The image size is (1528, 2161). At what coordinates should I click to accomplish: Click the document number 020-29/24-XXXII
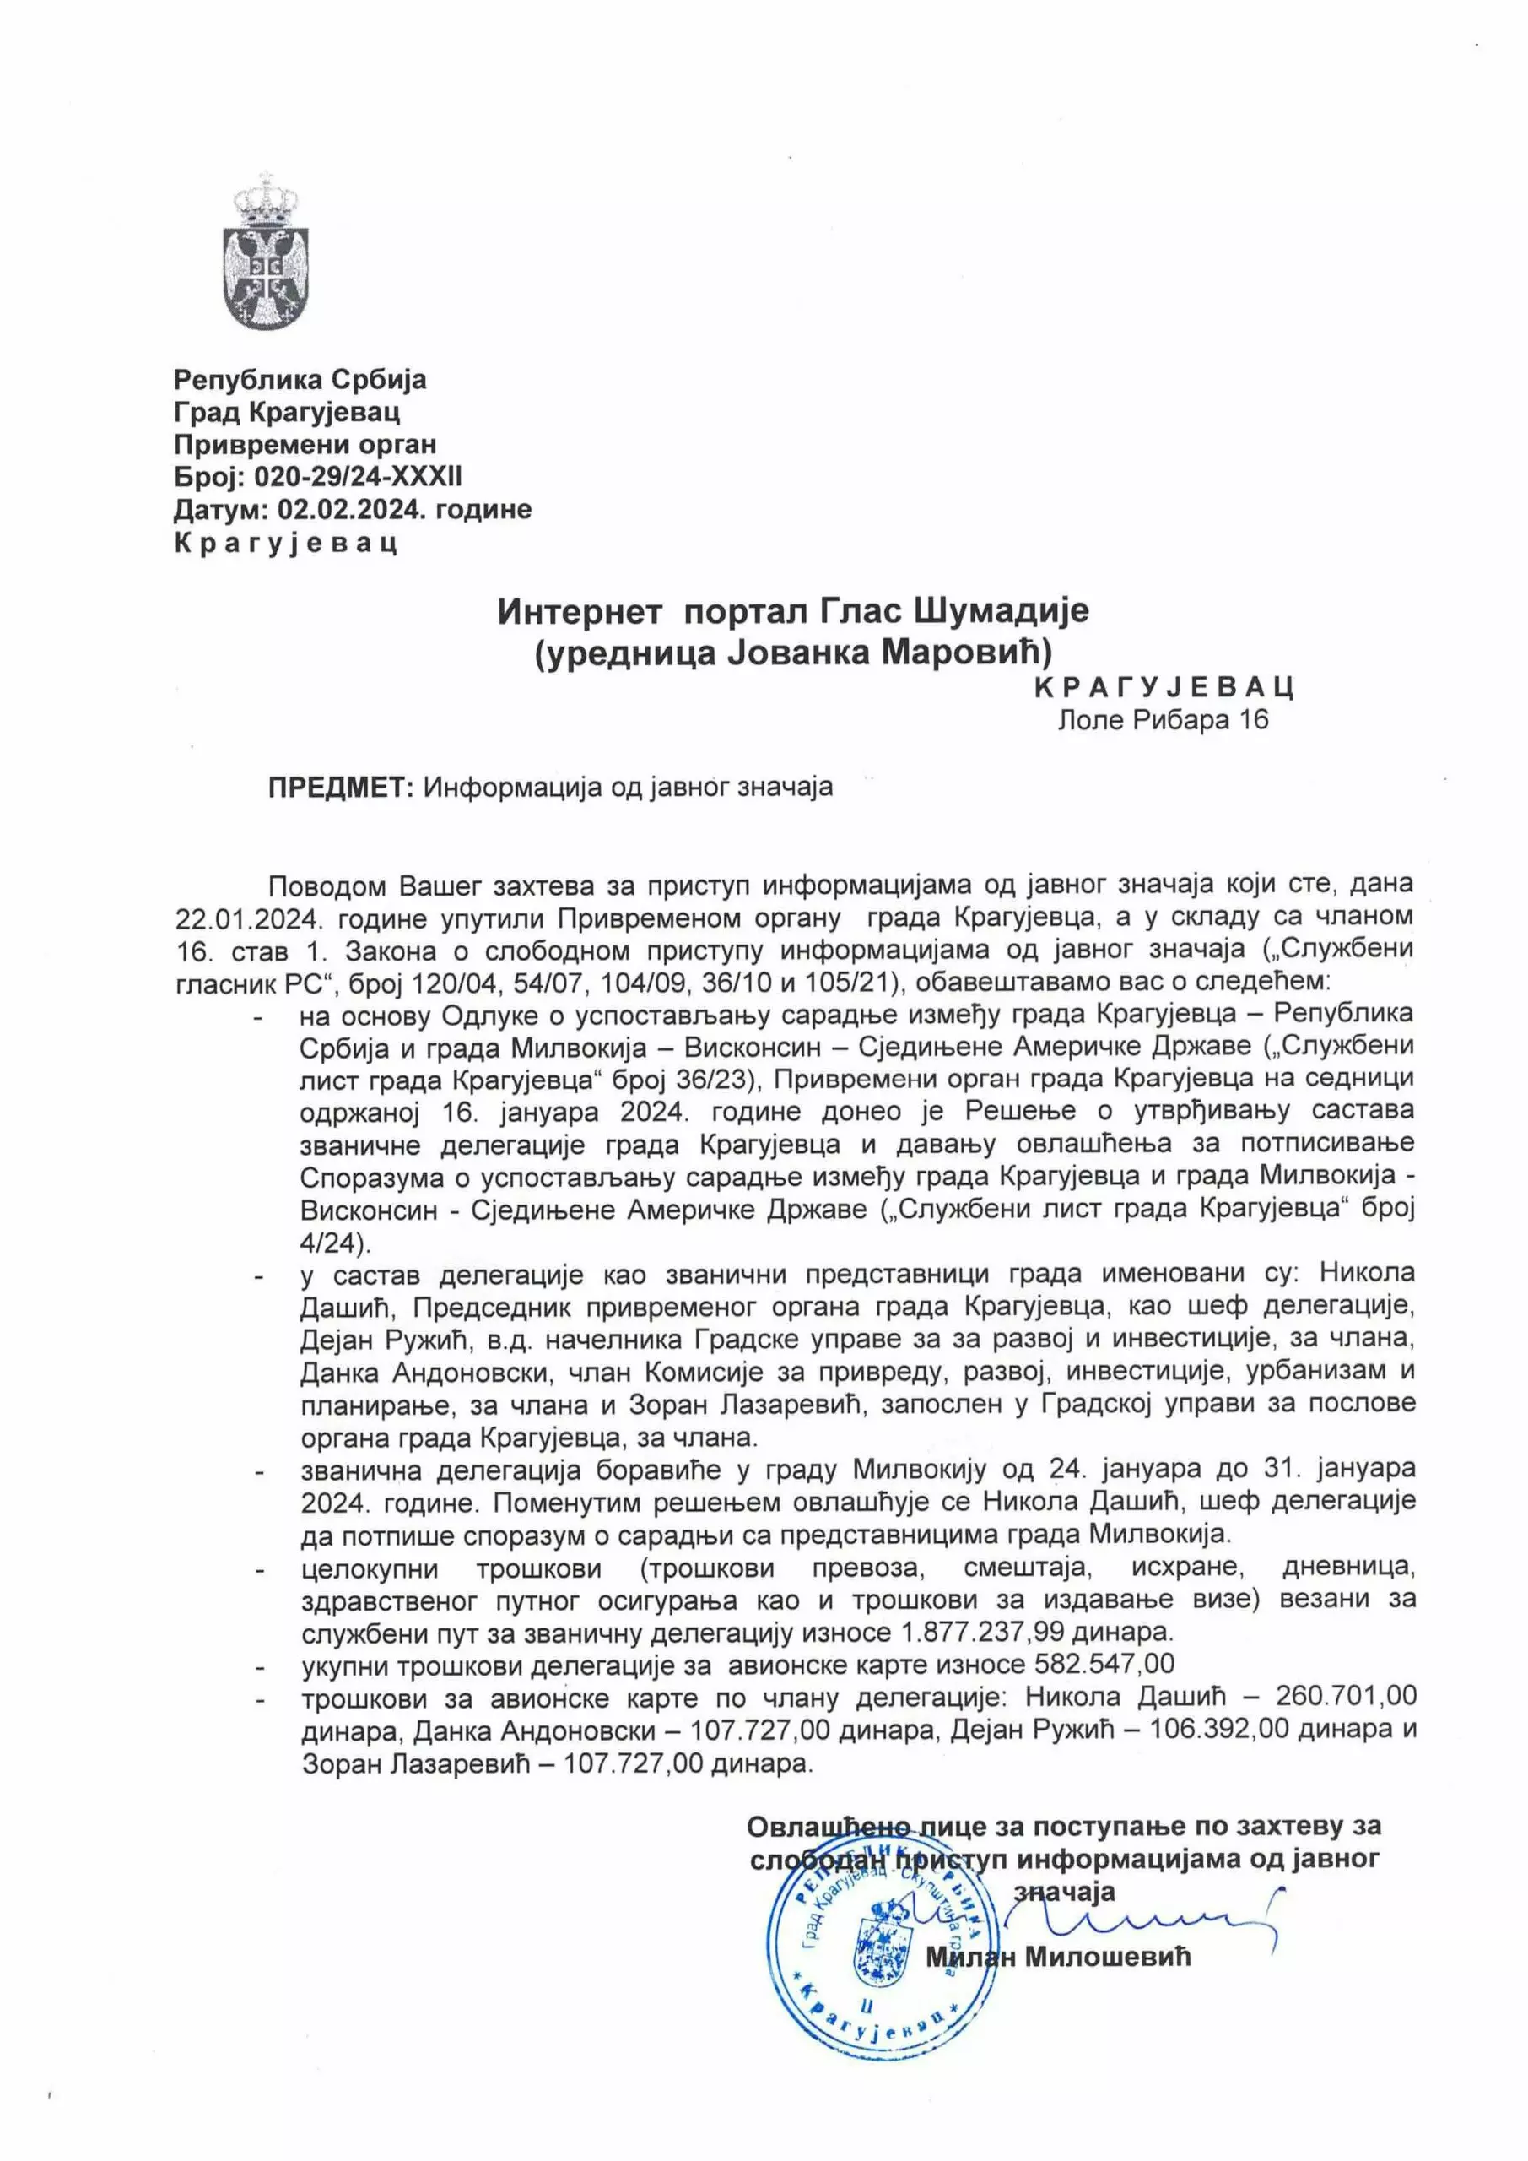click(359, 477)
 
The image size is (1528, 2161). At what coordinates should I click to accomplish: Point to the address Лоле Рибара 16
click(1164, 720)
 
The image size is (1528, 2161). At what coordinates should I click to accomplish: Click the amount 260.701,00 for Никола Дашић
click(1346, 1696)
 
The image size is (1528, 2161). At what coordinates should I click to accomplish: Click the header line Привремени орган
click(305, 444)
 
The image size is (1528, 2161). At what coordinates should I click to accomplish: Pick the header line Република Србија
click(300, 379)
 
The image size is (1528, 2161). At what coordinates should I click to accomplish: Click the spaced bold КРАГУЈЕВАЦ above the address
click(1164, 687)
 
